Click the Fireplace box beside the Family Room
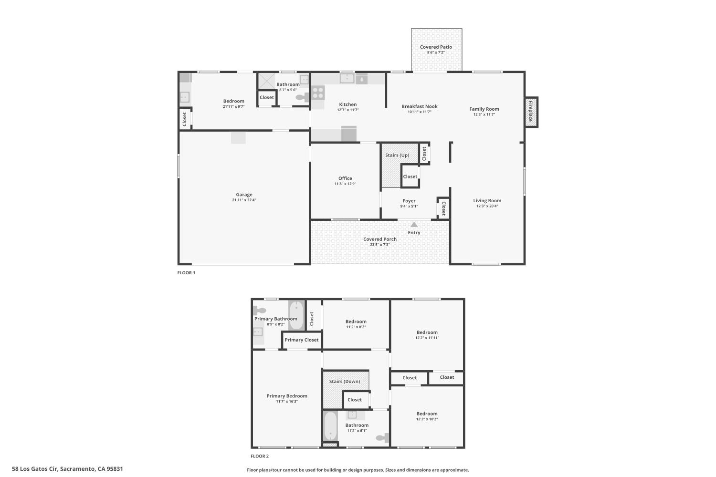click(x=531, y=112)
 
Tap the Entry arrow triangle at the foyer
click(x=414, y=225)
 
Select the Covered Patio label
click(x=436, y=47)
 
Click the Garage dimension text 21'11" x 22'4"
click(x=244, y=200)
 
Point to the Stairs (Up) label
click(x=397, y=155)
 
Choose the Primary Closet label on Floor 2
click(x=301, y=340)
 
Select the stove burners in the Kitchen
click(x=318, y=92)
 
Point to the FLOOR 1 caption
click(x=186, y=273)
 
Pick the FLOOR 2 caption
click(x=260, y=456)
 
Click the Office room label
click(x=345, y=178)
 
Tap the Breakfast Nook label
click(x=419, y=106)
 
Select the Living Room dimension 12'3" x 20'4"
click(x=487, y=206)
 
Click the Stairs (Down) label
click(x=345, y=381)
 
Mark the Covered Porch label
click(x=379, y=239)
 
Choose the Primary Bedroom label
click(x=287, y=396)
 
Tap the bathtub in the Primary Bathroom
click(x=296, y=315)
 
